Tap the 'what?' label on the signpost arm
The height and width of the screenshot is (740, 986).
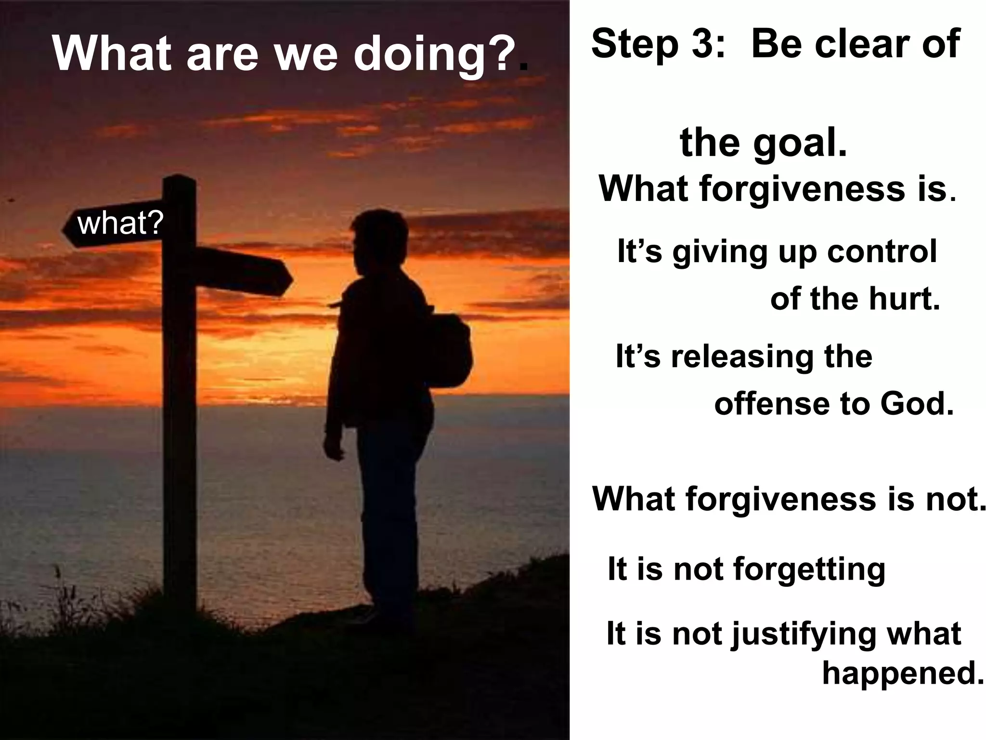pyautogui.click(x=120, y=224)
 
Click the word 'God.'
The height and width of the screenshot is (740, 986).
pyautogui.click(x=917, y=404)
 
